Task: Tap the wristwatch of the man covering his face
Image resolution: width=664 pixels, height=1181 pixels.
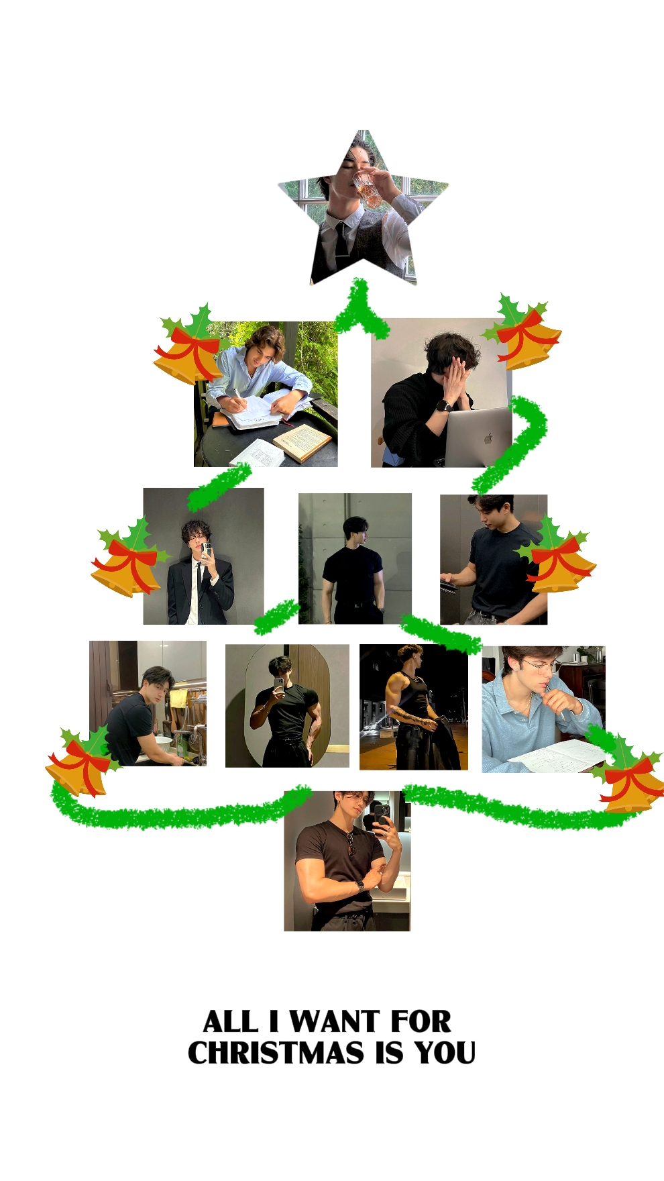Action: click(443, 405)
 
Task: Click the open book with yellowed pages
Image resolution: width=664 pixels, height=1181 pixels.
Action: click(302, 442)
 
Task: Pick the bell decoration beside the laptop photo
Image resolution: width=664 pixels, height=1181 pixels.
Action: click(524, 333)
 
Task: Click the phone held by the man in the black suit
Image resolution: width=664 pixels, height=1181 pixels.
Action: click(207, 551)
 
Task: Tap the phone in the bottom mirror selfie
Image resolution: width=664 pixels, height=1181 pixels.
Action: click(380, 815)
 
